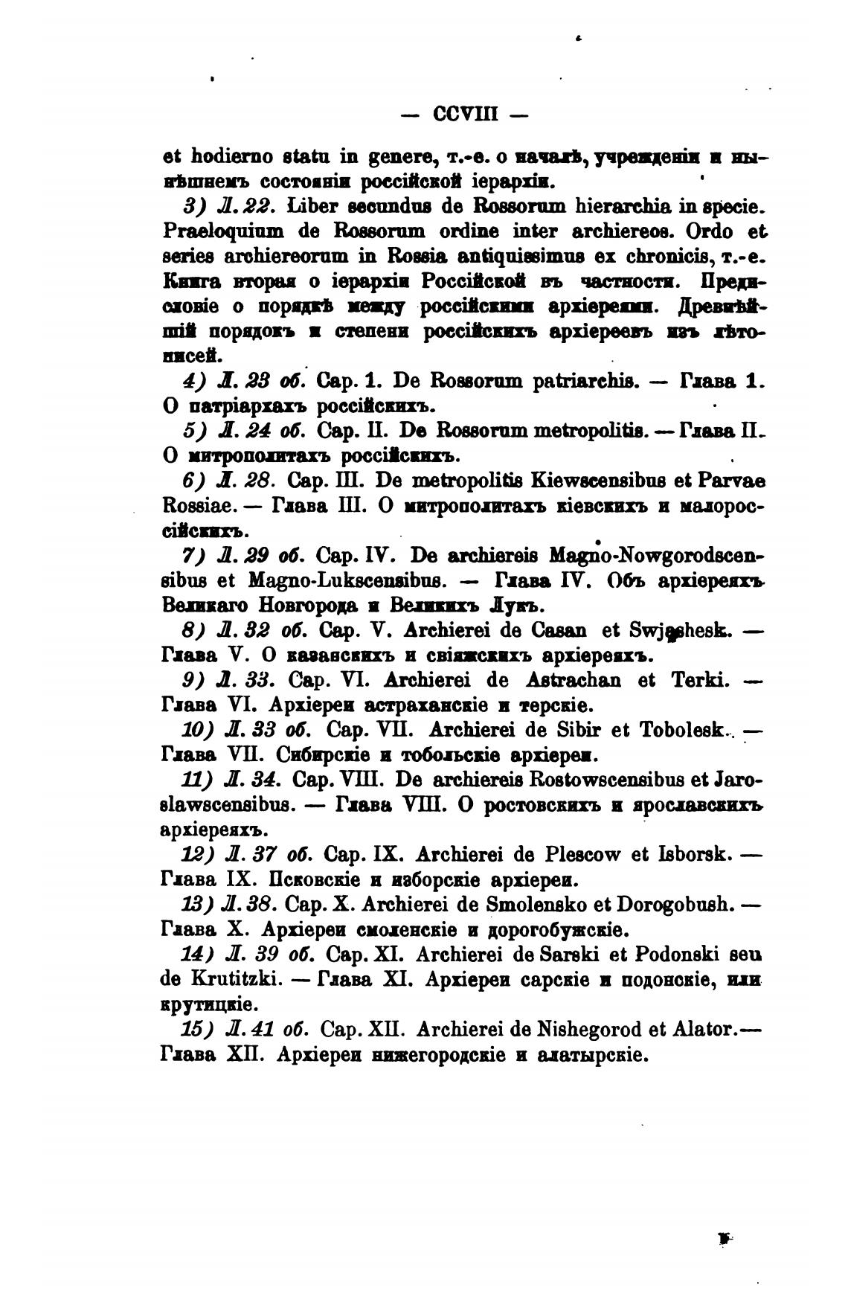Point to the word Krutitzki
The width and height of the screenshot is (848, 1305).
[219, 979]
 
